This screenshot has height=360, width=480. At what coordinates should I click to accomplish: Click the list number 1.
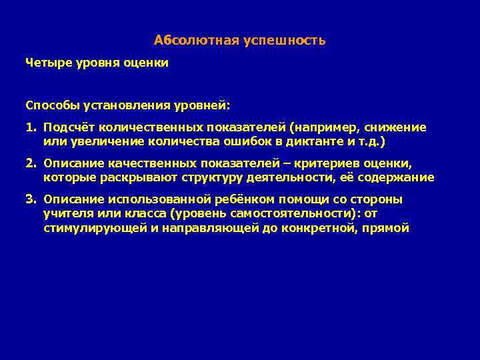tap(30, 127)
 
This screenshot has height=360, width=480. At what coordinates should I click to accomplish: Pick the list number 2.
tap(30, 163)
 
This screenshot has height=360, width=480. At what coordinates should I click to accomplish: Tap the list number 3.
tap(30, 199)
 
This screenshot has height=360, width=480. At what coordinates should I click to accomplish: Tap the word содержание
tap(397, 178)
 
